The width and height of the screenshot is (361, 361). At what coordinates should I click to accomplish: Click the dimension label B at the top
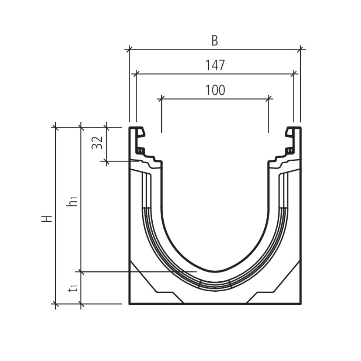click(214, 41)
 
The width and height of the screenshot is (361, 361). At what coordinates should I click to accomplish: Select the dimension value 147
click(215, 65)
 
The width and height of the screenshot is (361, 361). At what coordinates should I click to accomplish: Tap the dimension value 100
click(215, 90)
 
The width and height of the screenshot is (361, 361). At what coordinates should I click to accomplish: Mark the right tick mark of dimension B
click(301, 49)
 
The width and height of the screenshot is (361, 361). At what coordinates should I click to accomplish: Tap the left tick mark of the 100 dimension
click(161, 98)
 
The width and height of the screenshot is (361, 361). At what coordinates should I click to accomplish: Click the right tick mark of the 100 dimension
click(269, 98)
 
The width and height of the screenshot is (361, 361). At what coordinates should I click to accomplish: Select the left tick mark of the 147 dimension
click(136, 74)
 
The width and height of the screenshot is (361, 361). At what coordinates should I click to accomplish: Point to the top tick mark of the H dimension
click(55, 127)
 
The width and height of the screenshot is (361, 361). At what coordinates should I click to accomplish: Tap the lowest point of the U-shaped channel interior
click(215, 271)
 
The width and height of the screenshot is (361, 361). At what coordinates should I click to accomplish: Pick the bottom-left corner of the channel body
click(130, 304)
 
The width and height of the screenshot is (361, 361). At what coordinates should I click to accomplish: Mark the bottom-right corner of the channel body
click(300, 304)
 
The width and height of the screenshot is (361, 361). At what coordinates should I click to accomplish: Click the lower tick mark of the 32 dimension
click(106, 161)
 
